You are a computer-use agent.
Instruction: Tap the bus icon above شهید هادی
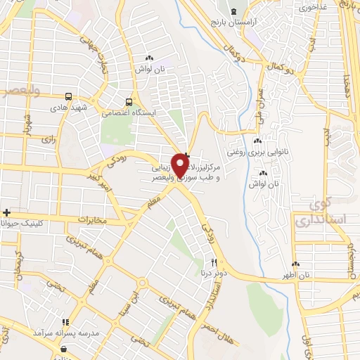tap(68, 97)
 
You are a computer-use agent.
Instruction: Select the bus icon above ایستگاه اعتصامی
tap(129, 101)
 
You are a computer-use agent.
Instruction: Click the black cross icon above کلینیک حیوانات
tap(6, 212)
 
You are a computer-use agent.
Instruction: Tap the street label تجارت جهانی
tap(94, 52)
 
